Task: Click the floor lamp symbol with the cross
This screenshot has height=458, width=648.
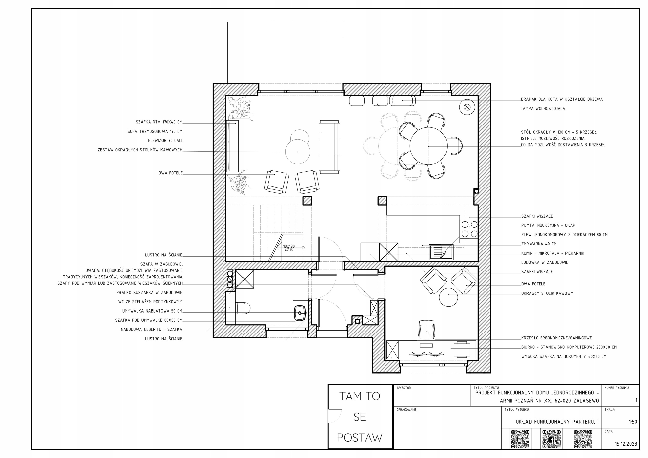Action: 467,107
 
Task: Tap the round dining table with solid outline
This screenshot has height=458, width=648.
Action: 428,146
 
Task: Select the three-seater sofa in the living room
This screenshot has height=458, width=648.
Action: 329,147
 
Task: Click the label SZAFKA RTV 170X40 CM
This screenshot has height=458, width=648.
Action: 159,122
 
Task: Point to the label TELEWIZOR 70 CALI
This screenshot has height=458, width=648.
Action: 164,140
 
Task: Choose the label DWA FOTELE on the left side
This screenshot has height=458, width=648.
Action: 170,173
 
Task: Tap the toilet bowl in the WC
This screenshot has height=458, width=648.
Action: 243,308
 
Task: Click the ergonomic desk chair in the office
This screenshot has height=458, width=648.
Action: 427,329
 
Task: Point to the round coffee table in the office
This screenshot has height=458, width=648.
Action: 449,297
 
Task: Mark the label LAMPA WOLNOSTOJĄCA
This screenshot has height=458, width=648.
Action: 543,108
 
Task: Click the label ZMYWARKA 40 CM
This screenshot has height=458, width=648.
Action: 539,244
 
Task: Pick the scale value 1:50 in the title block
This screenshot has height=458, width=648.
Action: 633,422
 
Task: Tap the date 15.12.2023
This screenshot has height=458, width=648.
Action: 626,444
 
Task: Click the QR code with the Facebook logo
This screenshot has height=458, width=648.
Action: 552,439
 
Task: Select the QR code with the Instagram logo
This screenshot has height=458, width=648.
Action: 583,439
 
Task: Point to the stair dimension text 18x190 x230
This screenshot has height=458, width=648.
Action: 289,248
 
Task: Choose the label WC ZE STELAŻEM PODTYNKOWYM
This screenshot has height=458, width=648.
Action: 150,302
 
